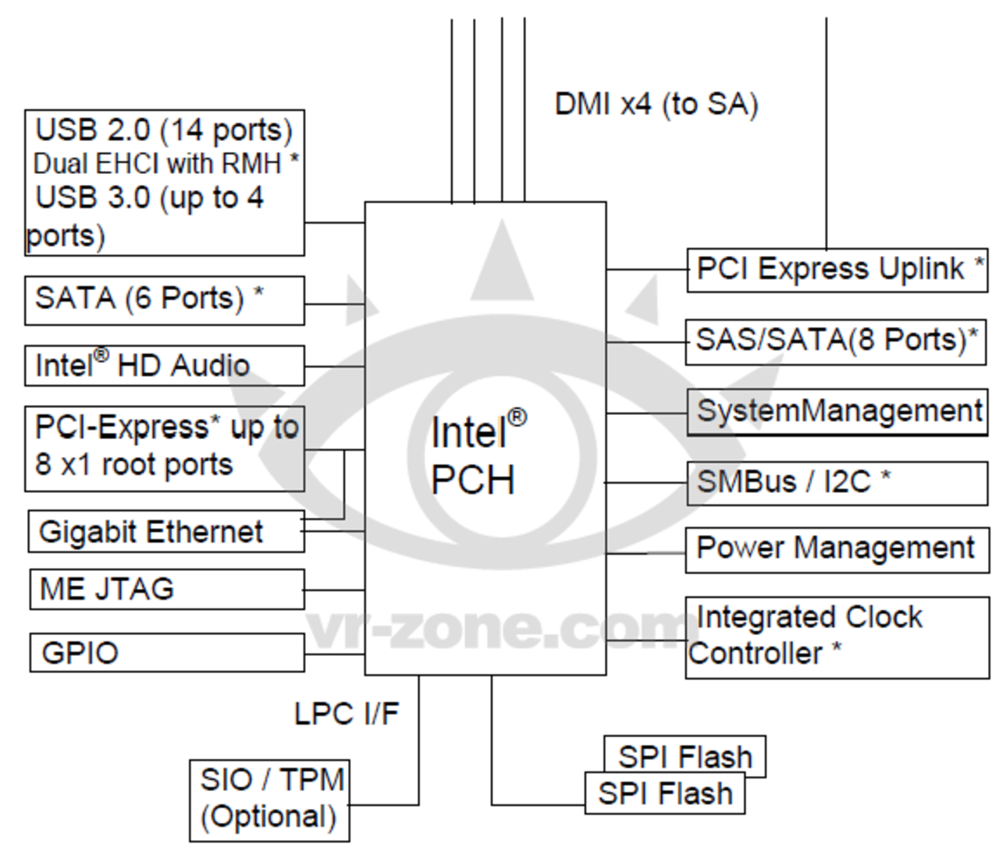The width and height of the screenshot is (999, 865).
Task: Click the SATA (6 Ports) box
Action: (x=164, y=300)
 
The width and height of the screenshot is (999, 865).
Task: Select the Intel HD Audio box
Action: (x=164, y=366)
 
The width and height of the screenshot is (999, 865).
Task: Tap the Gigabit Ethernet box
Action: (x=165, y=532)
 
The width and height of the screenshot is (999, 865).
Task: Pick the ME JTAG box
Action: (x=166, y=589)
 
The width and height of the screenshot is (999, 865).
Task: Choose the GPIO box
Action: (x=166, y=653)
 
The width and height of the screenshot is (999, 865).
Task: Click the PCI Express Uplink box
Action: (x=837, y=270)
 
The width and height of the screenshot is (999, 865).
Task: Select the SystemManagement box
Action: (x=837, y=412)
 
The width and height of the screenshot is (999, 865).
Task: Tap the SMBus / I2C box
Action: (x=837, y=483)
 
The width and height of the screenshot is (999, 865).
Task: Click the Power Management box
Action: (x=837, y=550)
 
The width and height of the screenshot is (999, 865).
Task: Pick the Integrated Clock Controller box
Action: (x=837, y=637)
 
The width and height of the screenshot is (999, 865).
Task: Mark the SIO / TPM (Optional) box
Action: (x=269, y=800)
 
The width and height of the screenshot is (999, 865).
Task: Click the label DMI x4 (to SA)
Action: (x=656, y=105)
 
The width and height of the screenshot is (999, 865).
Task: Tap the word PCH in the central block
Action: (x=473, y=480)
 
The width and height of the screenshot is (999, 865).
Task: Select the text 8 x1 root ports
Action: (x=133, y=465)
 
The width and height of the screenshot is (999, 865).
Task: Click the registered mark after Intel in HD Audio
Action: (x=101, y=356)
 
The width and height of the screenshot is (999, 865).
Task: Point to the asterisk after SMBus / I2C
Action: (x=886, y=475)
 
